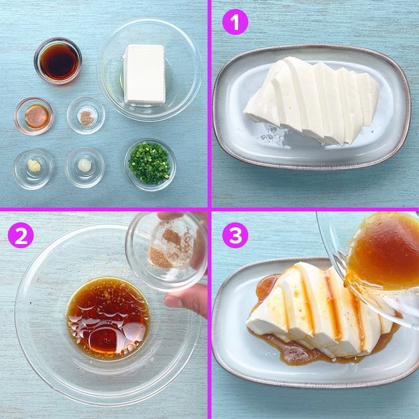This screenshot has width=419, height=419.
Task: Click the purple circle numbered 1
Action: pyautogui.click(x=235, y=21)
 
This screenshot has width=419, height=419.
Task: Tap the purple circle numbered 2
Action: pyautogui.click(x=21, y=235)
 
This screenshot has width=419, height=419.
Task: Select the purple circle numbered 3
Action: pyautogui.click(x=235, y=235)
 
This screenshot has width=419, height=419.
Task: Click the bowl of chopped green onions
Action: pyautogui.click(x=150, y=164)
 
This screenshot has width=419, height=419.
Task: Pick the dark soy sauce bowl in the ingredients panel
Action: pyautogui.click(x=58, y=61)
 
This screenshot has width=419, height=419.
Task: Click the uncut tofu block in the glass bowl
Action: pyautogui.click(x=144, y=74)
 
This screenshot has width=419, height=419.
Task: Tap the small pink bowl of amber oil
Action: pyautogui.click(x=34, y=116)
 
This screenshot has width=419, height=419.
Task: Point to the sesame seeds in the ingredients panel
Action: pyautogui.click(x=86, y=118)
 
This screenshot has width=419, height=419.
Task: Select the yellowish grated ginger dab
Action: pyautogui.click(x=34, y=166)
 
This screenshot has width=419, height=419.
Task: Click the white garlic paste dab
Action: pyautogui.click(x=84, y=165)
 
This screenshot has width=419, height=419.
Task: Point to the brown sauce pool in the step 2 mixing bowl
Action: pyautogui.click(x=108, y=318)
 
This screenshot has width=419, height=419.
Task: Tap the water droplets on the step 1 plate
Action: pyautogui.click(x=270, y=133)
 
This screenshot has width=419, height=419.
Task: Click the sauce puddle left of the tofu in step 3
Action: pyautogui.click(x=266, y=287)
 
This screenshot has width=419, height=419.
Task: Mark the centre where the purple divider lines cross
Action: pyautogui.click(x=209, y=209)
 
